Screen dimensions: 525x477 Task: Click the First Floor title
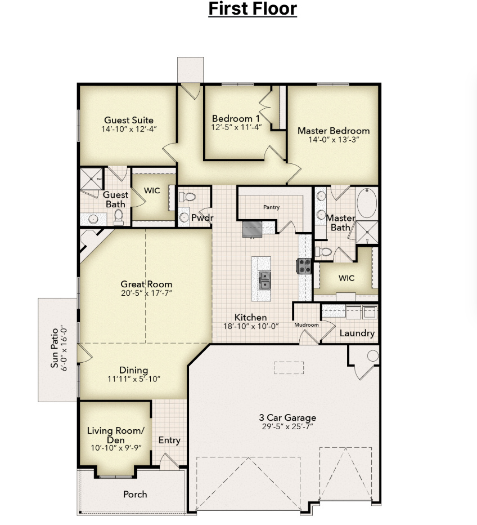253,9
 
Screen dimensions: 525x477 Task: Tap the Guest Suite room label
129,120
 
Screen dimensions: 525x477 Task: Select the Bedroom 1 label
236,119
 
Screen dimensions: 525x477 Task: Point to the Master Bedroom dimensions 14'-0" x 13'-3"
334,140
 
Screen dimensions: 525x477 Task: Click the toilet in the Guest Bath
119,215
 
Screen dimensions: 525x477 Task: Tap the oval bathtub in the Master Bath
368,203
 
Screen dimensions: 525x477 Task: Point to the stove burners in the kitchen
304,266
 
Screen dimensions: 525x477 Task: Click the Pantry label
271,207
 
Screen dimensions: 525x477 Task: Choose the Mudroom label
307,324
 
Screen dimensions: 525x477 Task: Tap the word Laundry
357,333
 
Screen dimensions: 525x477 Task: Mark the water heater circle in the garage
373,356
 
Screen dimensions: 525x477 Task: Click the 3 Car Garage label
287,417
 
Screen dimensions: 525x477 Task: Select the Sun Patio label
55,348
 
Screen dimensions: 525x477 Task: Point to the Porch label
135,494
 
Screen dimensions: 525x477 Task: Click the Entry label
169,440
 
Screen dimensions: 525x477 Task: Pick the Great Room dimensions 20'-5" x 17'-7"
146,293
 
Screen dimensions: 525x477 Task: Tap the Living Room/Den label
115,435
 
